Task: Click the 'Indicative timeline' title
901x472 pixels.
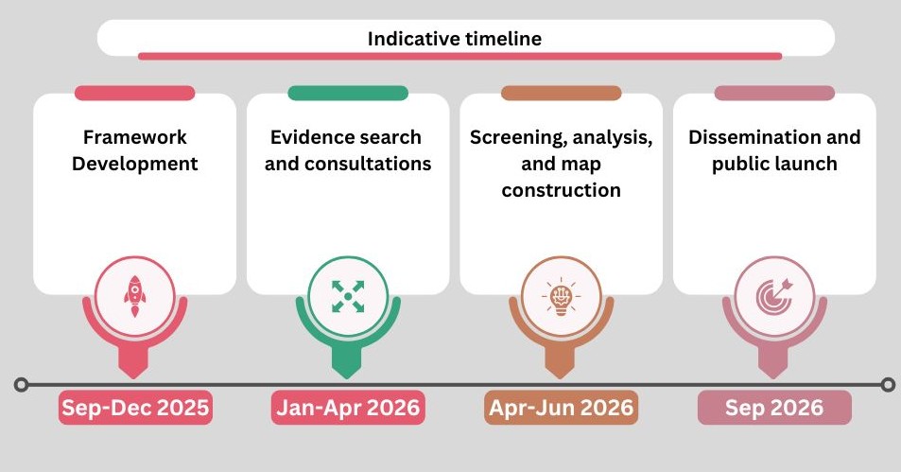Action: pyautogui.click(x=454, y=39)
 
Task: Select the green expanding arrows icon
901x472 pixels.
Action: pyautogui.click(x=348, y=295)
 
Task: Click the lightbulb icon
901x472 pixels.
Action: pyautogui.click(x=561, y=296)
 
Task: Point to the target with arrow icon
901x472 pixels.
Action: pyautogui.click(x=774, y=295)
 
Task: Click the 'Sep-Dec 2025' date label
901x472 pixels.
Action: pyautogui.click(x=135, y=409)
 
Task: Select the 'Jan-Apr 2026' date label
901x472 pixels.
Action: pyautogui.click(x=348, y=409)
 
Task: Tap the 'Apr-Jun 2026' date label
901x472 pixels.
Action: pyautogui.click(x=562, y=409)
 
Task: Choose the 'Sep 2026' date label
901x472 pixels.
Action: pyautogui.click(x=774, y=409)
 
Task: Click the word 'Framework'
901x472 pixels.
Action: pyautogui.click(x=135, y=138)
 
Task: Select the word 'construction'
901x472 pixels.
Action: pyautogui.click(x=562, y=190)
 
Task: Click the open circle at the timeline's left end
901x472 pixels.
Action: pyautogui.click(x=22, y=385)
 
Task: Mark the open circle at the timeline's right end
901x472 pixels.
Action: pyautogui.click(x=887, y=385)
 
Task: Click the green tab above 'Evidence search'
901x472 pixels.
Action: pyautogui.click(x=348, y=94)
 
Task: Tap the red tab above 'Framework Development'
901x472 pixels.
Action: pyautogui.click(x=135, y=94)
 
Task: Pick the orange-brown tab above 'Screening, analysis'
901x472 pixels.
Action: pyautogui.click(x=562, y=94)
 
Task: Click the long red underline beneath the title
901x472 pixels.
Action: pyautogui.click(x=459, y=57)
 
